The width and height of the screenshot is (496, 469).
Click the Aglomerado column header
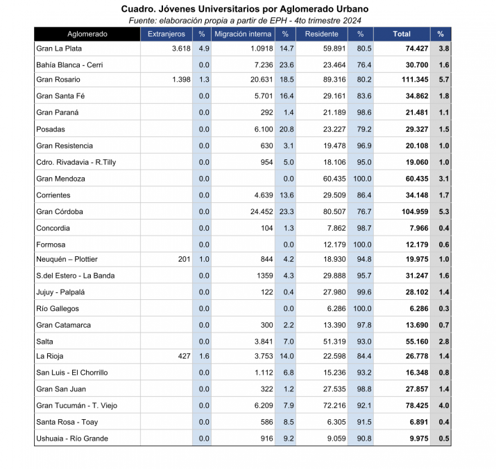pos(87,34)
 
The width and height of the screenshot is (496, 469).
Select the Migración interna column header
pos(243,34)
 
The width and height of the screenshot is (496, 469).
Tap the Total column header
pos(401,34)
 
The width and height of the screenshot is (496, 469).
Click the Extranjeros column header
pos(166,34)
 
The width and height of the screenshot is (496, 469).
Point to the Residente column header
pos(321,34)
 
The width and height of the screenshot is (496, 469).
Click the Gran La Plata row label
pos(59,48)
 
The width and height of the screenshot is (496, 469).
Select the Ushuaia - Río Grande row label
pos(72,439)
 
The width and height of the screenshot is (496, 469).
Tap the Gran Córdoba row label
pos(60,211)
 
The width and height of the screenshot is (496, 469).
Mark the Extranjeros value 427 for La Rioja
pos(183,357)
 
